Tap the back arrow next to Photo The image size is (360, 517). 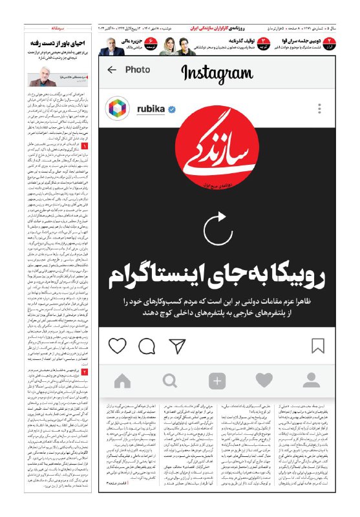pyautogui.click(x=112, y=70)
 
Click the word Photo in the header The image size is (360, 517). pyautogui.click(x=137, y=70)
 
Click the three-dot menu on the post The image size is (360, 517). pyautogui.click(x=316, y=109)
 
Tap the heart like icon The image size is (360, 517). pyautogui.click(x=117, y=346)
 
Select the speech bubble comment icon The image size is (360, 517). pyautogui.click(x=147, y=346)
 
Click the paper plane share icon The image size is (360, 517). pyautogui.click(x=177, y=346)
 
